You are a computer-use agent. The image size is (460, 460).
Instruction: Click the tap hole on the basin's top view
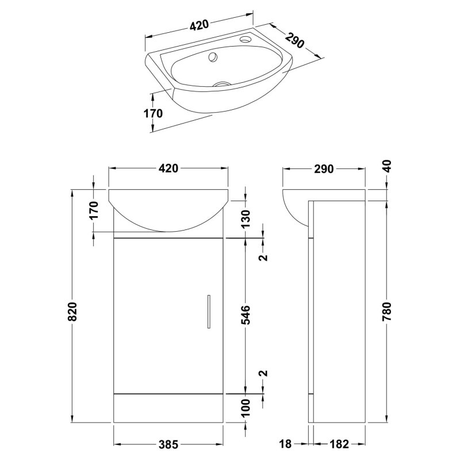244,39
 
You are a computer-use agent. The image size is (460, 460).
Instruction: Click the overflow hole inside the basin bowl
213,56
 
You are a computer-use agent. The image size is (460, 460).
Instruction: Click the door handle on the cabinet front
209,312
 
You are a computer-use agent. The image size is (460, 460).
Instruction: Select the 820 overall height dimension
72,311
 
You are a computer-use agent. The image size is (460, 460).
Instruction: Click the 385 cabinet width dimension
168,444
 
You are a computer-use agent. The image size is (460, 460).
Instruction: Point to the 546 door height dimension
246,315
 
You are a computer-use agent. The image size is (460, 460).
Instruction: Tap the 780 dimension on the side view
387,312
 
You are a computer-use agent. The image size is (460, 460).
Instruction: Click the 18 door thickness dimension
285,444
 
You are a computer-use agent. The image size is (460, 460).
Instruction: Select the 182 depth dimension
339,444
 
